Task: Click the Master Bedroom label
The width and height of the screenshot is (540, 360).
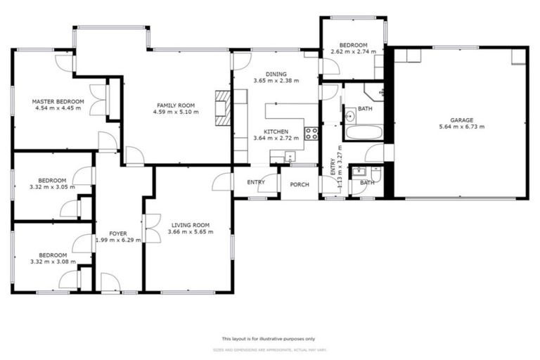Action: click(58, 102)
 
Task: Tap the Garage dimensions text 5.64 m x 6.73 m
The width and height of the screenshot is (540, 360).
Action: click(461, 127)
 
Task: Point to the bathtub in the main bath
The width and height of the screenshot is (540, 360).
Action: click(364, 132)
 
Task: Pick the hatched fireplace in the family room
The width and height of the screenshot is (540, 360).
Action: click(223, 107)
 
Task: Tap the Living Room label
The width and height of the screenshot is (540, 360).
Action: click(188, 225)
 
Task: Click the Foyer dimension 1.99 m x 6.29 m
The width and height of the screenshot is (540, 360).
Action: click(118, 240)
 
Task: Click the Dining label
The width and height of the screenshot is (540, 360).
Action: click(276, 74)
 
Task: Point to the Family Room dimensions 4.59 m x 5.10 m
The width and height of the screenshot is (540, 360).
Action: click(174, 112)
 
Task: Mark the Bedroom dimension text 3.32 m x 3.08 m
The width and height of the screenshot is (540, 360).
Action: click(53, 262)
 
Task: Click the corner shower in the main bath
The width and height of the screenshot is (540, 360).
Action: click(374, 93)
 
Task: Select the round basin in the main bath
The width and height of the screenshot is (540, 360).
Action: click(349, 115)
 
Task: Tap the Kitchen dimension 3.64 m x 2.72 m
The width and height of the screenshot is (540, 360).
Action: click(276, 139)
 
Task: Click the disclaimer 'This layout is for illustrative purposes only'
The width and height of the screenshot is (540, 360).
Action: click(269, 338)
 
